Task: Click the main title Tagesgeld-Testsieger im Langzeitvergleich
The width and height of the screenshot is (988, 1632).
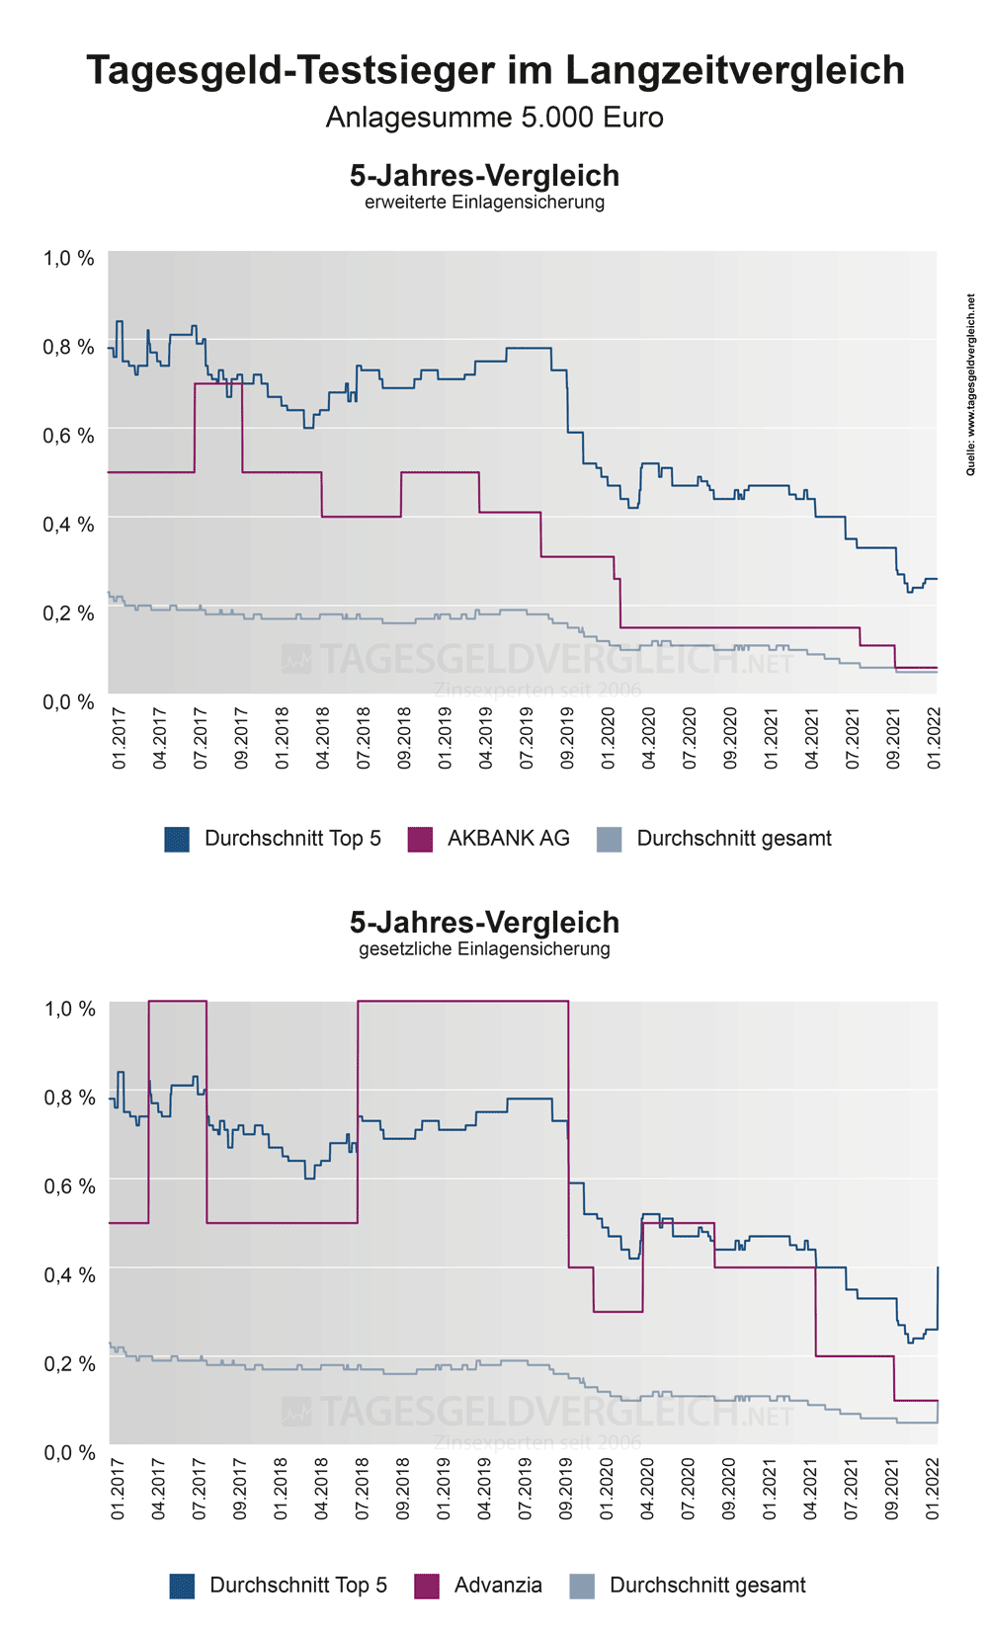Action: click(x=495, y=71)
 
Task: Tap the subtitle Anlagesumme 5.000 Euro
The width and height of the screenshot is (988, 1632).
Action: click(x=494, y=118)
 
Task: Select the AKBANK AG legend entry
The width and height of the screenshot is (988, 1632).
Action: click(x=508, y=839)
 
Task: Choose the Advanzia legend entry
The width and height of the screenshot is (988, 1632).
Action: click(x=498, y=1586)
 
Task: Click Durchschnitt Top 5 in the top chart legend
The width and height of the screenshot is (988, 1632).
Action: click(x=292, y=839)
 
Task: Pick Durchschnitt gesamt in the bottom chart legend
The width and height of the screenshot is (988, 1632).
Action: click(x=707, y=1586)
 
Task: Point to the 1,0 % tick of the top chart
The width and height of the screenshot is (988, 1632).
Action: click(x=68, y=259)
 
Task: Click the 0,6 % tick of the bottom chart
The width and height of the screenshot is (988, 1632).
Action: click(x=69, y=1185)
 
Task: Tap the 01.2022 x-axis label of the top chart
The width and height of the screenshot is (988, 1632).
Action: click(x=935, y=738)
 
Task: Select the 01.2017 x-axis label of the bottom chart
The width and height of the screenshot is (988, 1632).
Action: click(x=118, y=1489)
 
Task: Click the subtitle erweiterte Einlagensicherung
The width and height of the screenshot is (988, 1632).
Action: click(x=484, y=203)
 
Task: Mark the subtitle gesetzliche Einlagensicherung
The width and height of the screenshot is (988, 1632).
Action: click(x=484, y=949)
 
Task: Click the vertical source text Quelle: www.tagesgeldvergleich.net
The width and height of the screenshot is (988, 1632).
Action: click(x=970, y=385)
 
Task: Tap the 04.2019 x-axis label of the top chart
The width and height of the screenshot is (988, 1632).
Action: click(x=485, y=738)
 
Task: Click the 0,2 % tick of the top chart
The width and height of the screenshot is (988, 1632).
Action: click(x=68, y=613)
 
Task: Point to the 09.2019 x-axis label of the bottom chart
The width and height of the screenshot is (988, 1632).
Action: click(x=566, y=1489)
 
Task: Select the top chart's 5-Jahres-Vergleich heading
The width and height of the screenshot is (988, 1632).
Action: click(x=484, y=176)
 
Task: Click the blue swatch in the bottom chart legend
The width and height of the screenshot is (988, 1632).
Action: click(x=183, y=1587)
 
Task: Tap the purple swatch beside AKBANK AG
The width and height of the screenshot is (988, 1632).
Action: click(x=420, y=840)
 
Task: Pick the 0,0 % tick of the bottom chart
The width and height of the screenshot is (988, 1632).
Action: click(x=69, y=1452)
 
